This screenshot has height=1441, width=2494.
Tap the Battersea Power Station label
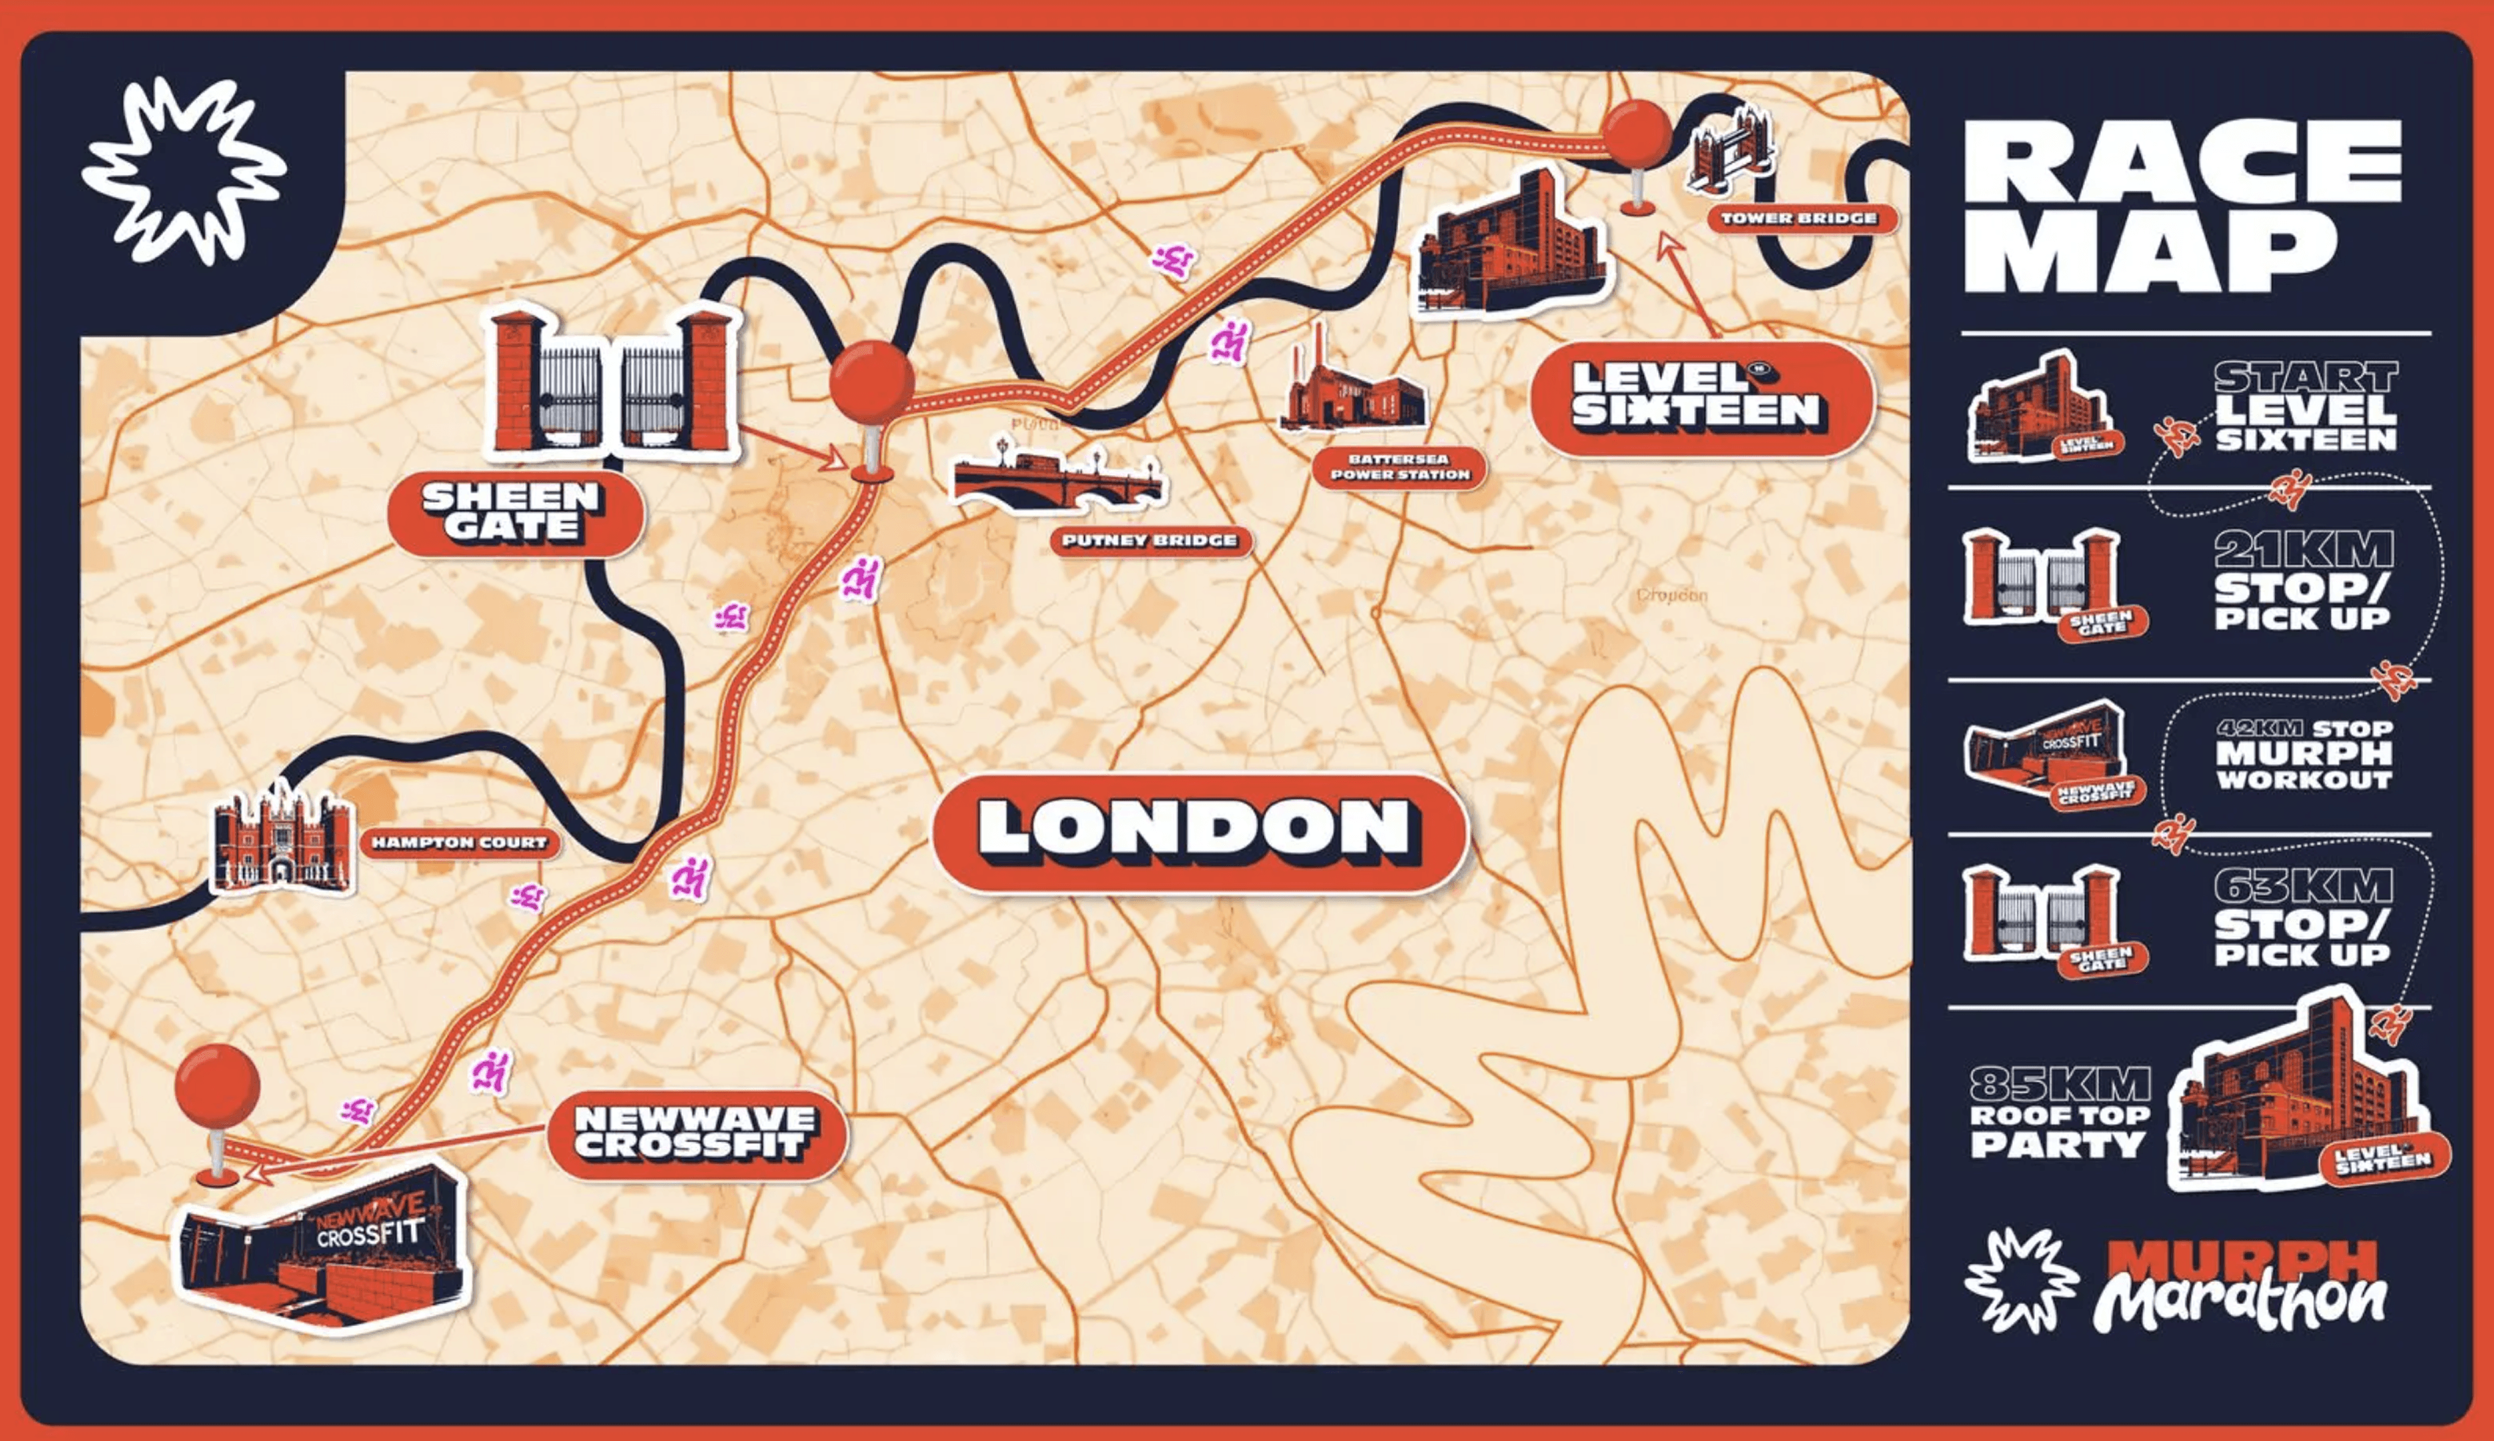click(x=1399, y=467)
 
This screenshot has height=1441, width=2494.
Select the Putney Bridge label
click(x=1149, y=540)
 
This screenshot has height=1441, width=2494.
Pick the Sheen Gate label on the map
click(x=512, y=512)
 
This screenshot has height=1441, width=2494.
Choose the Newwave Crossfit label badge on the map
click(x=696, y=1133)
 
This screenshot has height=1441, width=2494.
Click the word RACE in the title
click(x=2182, y=163)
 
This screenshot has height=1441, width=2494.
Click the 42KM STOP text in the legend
click(x=2304, y=729)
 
